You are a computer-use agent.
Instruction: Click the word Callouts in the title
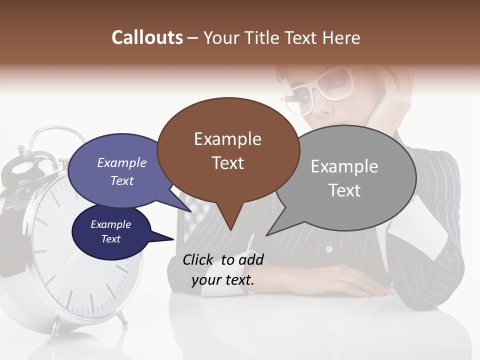pyautogui.click(x=147, y=37)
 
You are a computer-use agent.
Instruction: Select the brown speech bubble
pyautogui.click(x=227, y=150)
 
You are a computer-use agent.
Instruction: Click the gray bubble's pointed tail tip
pyautogui.click(x=266, y=235)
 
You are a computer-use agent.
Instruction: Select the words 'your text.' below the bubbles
pyautogui.click(x=222, y=280)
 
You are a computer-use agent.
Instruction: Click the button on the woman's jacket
pyautogui.click(x=328, y=249)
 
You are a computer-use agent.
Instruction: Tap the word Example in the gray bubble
pyautogui.click(x=344, y=166)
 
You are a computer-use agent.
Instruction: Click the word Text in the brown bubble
pyautogui.click(x=227, y=163)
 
